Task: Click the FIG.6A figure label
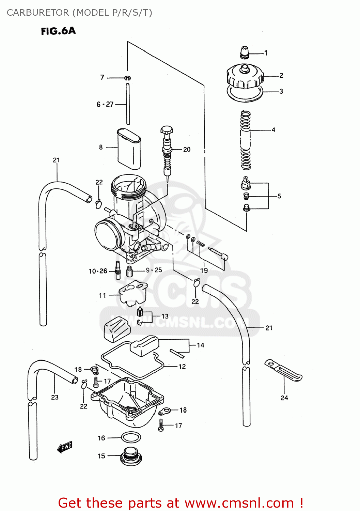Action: [58, 31]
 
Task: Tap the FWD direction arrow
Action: [65, 447]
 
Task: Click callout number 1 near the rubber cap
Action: [266, 53]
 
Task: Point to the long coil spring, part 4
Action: [246, 140]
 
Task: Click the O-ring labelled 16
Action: [131, 437]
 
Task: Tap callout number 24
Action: [284, 398]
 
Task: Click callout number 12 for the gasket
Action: [182, 367]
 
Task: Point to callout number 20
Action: [187, 149]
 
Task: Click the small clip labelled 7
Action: [127, 78]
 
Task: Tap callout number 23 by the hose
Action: [55, 397]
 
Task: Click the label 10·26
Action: [98, 271]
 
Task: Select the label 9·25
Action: [154, 270]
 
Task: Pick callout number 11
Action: [102, 296]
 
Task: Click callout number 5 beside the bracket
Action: [279, 196]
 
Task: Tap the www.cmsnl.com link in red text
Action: [240, 503]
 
